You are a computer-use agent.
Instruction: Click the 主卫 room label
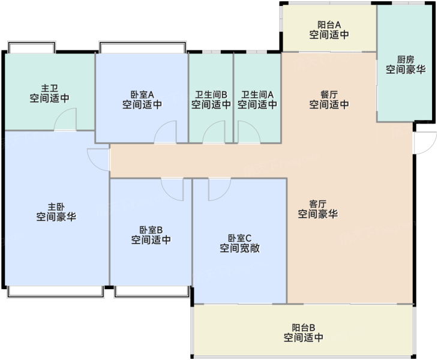point(49,88)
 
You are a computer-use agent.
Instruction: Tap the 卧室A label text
point(142,94)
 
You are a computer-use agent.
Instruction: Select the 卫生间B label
point(211,95)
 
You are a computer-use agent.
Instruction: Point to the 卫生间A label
point(257,95)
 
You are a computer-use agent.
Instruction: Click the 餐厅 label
point(329,94)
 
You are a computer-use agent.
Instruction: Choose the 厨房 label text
point(406,59)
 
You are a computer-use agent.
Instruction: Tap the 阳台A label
point(329,25)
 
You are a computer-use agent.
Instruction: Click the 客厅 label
point(318,204)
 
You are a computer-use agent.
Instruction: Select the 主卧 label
point(56,207)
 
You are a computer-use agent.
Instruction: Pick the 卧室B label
point(151,230)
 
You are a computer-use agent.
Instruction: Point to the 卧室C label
point(239,238)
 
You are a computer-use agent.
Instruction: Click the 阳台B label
point(304,328)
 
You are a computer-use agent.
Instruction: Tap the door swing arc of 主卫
point(60,115)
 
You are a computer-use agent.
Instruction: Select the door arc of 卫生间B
point(209,128)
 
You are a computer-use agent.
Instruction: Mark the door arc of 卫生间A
point(254,128)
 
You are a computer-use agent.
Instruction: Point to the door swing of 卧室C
point(225,194)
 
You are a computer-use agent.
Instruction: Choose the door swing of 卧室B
point(167,194)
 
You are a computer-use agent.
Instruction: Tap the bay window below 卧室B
point(152,291)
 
